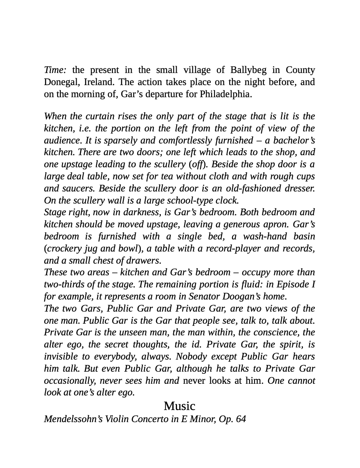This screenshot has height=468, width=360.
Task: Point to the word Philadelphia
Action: point(225,94)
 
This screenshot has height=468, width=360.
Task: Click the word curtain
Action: point(98,116)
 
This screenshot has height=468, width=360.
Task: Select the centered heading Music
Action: point(179,406)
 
